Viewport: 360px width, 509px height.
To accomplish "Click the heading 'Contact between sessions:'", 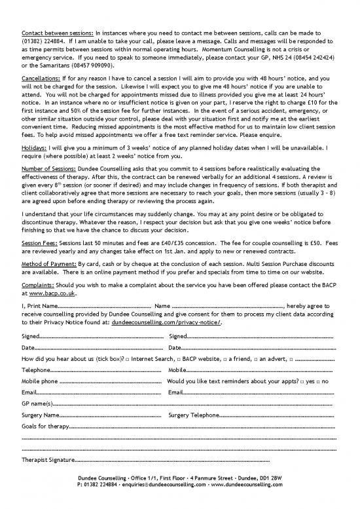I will (58, 31).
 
